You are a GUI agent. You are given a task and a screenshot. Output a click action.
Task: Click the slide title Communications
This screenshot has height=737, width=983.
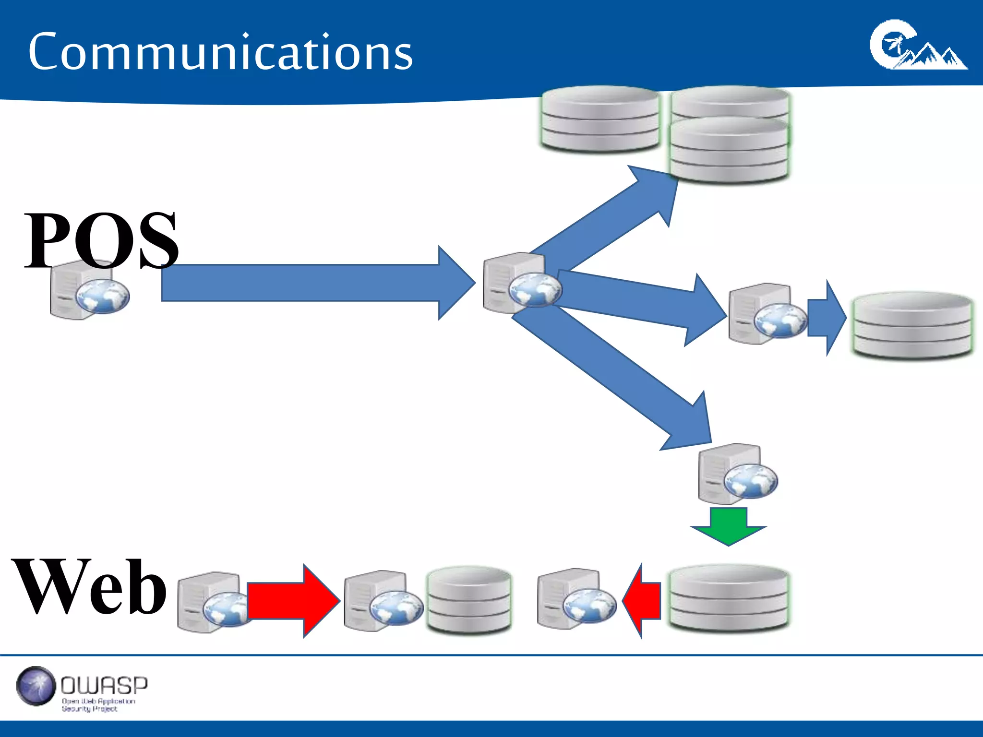(x=220, y=52)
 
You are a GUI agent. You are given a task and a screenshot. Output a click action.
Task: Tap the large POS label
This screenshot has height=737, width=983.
(x=101, y=240)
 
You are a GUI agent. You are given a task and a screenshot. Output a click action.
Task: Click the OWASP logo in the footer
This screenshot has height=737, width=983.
(x=82, y=689)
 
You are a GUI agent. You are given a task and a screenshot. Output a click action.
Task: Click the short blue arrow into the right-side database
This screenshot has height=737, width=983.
(x=826, y=318)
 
